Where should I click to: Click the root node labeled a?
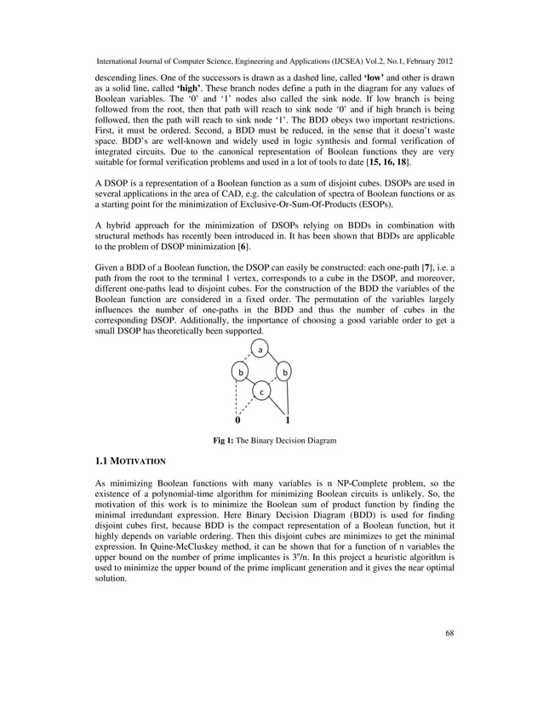(262, 350)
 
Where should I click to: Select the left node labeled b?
(241, 373)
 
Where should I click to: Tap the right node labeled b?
(285, 373)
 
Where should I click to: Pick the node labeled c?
(262, 392)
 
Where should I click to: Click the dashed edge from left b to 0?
(237, 397)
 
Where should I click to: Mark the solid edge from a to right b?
(274, 361)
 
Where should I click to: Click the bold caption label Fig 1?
(224, 440)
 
